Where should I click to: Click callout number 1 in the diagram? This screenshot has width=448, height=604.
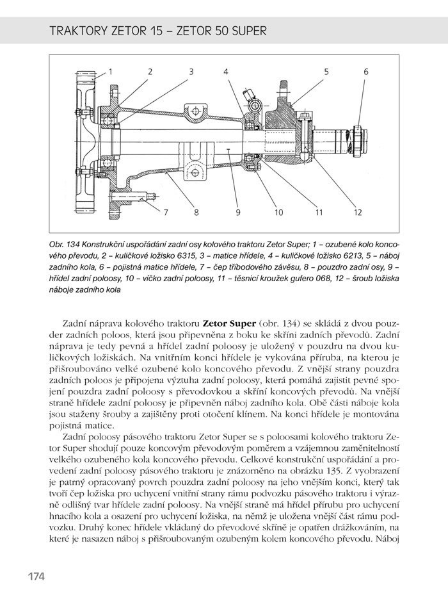(x=110, y=72)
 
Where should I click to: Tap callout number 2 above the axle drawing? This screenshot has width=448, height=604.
(x=150, y=72)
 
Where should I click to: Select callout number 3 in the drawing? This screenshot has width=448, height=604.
(x=191, y=72)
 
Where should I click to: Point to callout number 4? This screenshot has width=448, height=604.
(x=226, y=72)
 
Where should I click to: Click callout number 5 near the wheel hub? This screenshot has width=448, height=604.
(x=326, y=72)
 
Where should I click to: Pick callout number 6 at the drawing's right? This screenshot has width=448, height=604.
(x=366, y=72)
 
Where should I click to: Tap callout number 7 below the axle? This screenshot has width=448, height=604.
(x=164, y=212)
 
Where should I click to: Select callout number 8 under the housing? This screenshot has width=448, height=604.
(x=196, y=212)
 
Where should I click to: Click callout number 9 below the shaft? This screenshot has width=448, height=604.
(x=237, y=212)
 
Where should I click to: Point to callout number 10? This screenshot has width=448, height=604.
(x=278, y=212)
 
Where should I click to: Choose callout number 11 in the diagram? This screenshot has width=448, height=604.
(x=319, y=212)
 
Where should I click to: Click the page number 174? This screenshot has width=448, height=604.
(x=36, y=576)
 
